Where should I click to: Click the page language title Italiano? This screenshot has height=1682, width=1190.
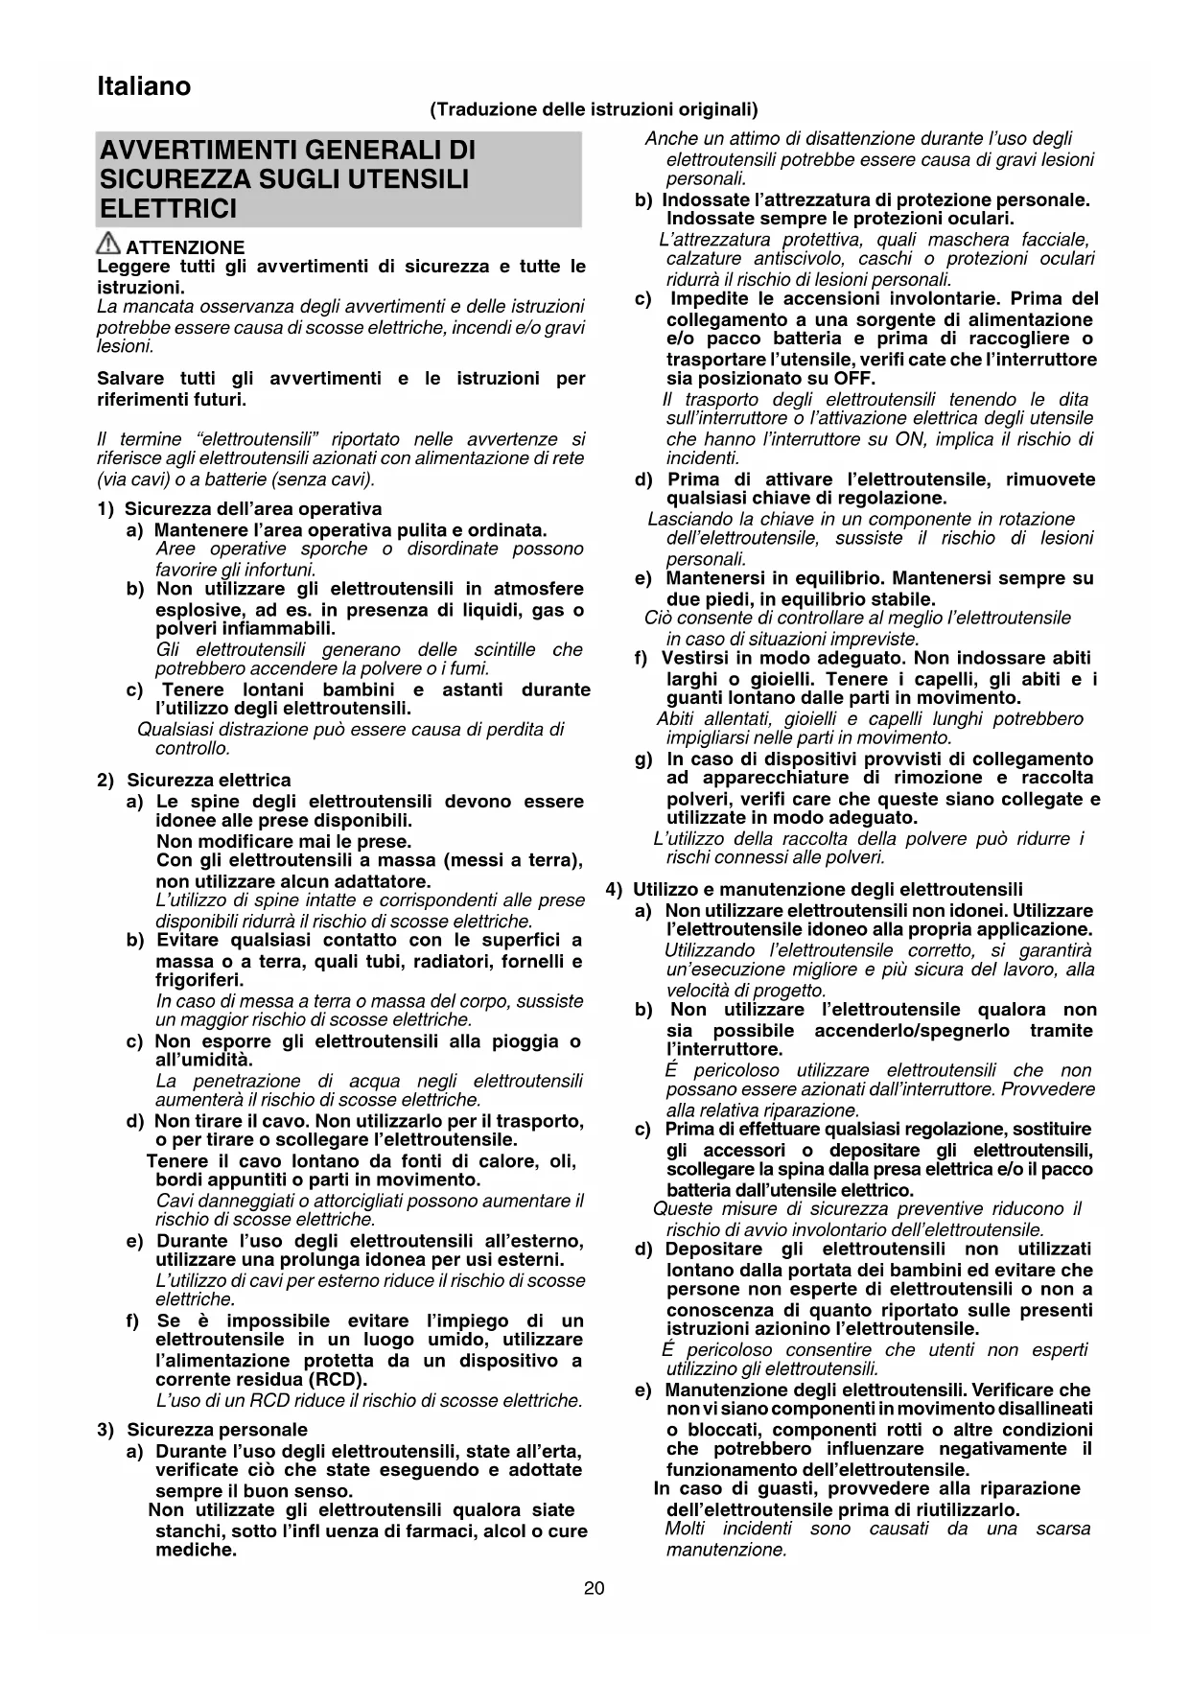[144, 86]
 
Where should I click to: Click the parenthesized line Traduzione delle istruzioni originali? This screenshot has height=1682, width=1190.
[594, 109]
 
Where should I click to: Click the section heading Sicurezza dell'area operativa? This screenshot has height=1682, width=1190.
[253, 509]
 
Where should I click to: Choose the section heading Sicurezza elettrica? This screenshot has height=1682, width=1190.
[208, 781]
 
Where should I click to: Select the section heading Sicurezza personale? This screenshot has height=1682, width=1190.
[217, 1430]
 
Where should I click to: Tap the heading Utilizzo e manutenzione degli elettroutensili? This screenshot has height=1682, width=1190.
[828, 890]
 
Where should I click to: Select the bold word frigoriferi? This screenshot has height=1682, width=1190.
[199, 980]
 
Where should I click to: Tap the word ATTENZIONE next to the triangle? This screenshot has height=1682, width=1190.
[185, 247]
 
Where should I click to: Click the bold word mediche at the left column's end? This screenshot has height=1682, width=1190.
[196, 1550]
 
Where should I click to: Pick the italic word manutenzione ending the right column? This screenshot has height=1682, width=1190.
[725, 1550]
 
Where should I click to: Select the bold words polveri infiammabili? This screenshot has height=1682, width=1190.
[245, 629]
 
